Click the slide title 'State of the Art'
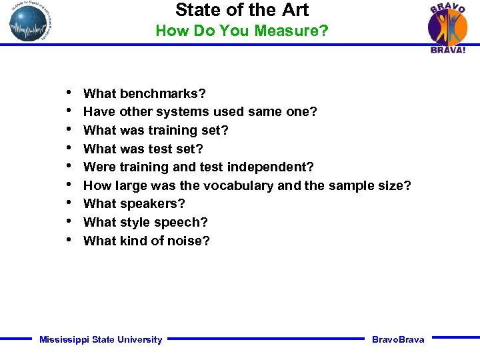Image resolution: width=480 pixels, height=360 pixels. [242, 10]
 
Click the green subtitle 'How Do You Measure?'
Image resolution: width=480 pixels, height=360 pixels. [241, 31]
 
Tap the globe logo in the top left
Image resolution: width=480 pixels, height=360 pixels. [30, 22]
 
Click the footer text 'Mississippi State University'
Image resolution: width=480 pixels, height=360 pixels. [101, 340]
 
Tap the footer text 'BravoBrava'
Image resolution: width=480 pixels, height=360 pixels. [398, 340]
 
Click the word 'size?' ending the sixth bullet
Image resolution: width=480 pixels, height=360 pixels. [395, 185]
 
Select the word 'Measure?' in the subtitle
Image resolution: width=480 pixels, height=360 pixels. [299, 31]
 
